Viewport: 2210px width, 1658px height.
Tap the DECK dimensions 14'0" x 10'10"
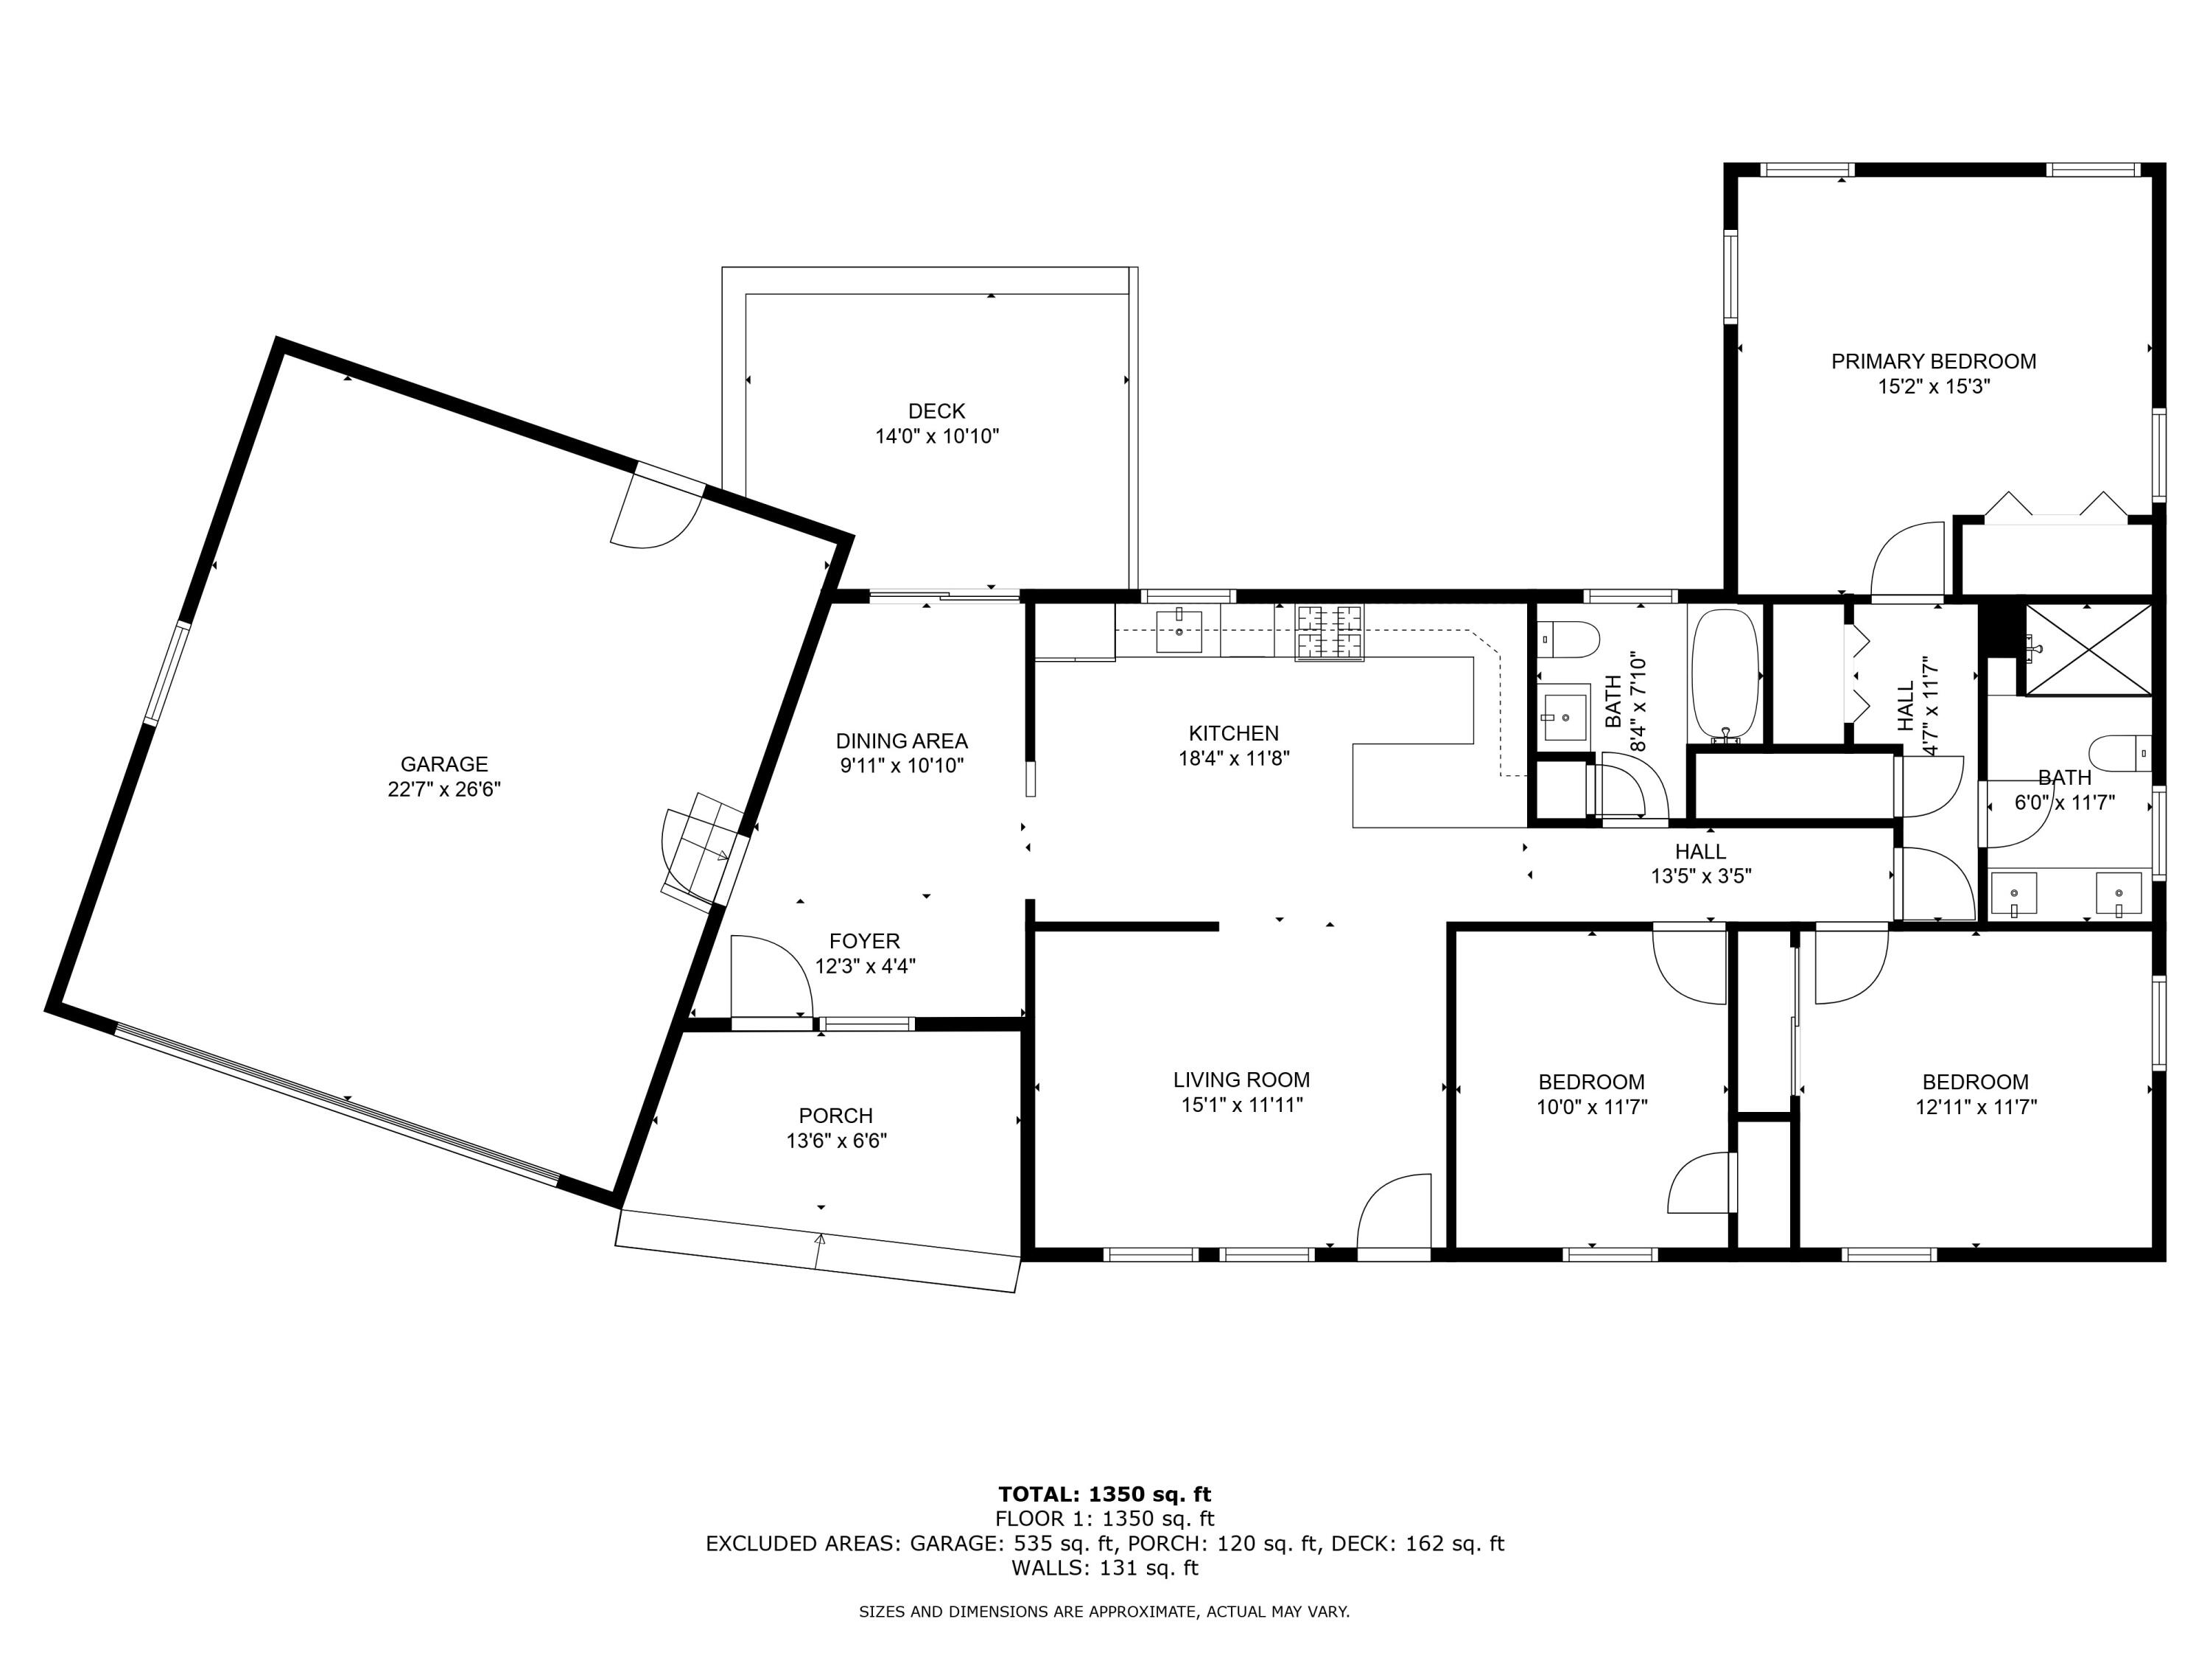tap(936, 436)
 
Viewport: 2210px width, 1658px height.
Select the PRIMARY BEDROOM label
tap(1933, 361)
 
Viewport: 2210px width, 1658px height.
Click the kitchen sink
tap(1179, 631)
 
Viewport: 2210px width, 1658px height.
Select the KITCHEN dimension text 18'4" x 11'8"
tap(1234, 758)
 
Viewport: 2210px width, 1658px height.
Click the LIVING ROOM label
tap(1241, 1080)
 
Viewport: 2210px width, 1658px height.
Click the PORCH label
tap(835, 1116)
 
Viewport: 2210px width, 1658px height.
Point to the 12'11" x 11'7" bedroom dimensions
tap(1975, 1106)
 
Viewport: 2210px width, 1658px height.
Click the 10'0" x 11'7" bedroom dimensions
tap(1591, 1106)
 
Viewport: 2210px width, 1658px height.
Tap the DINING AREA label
tap(901, 741)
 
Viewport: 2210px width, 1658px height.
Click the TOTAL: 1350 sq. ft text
tap(1104, 1494)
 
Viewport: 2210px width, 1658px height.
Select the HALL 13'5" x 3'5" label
tap(1700, 864)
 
